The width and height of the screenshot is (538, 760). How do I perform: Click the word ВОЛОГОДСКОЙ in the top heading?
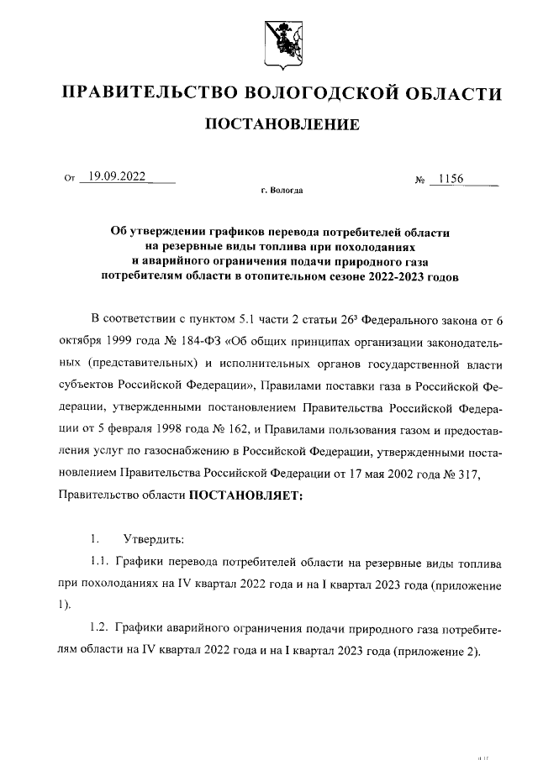(x=317, y=92)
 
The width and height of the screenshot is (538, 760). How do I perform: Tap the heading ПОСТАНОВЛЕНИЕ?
(x=283, y=125)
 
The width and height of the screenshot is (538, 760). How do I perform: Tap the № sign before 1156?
(x=419, y=180)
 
